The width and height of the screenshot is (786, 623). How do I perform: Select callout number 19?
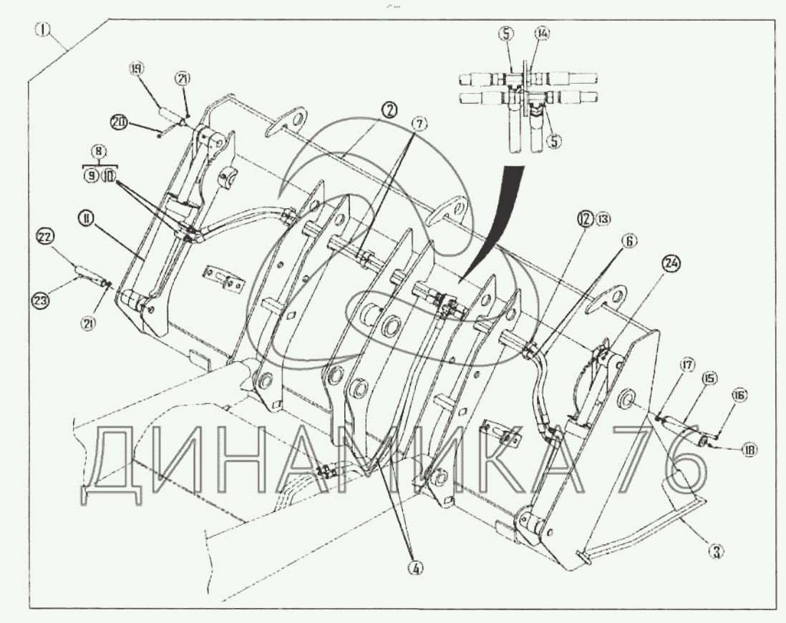[x=135, y=69]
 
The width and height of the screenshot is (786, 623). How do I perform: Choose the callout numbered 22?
[x=44, y=237]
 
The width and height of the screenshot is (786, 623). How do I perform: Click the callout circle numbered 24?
[x=671, y=264]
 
